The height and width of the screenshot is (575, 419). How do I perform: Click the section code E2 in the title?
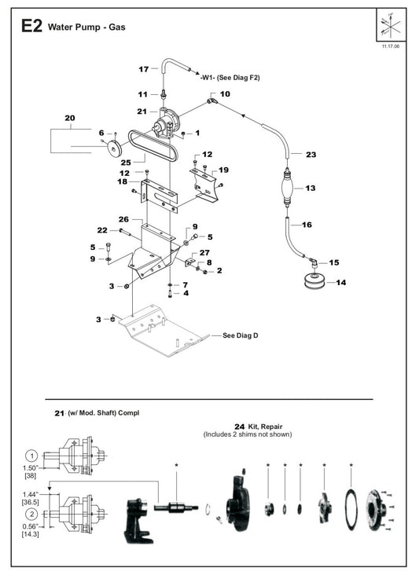tap(31, 26)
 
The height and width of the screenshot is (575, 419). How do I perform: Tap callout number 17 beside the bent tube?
tap(143, 69)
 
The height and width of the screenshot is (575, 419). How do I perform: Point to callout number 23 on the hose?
tap(311, 155)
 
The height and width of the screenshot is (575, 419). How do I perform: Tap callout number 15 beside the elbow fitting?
tap(334, 262)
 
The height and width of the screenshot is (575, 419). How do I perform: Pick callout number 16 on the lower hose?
tap(307, 225)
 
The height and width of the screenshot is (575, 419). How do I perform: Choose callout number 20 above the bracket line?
tap(69, 118)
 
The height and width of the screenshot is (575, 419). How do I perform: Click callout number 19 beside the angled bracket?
tap(224, 170)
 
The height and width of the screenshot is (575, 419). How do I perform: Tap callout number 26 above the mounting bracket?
tap(123, 218)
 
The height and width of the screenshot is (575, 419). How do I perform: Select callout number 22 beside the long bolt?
tap(101, 229)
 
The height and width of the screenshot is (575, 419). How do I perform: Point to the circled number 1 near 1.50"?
tap(31, 455)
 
